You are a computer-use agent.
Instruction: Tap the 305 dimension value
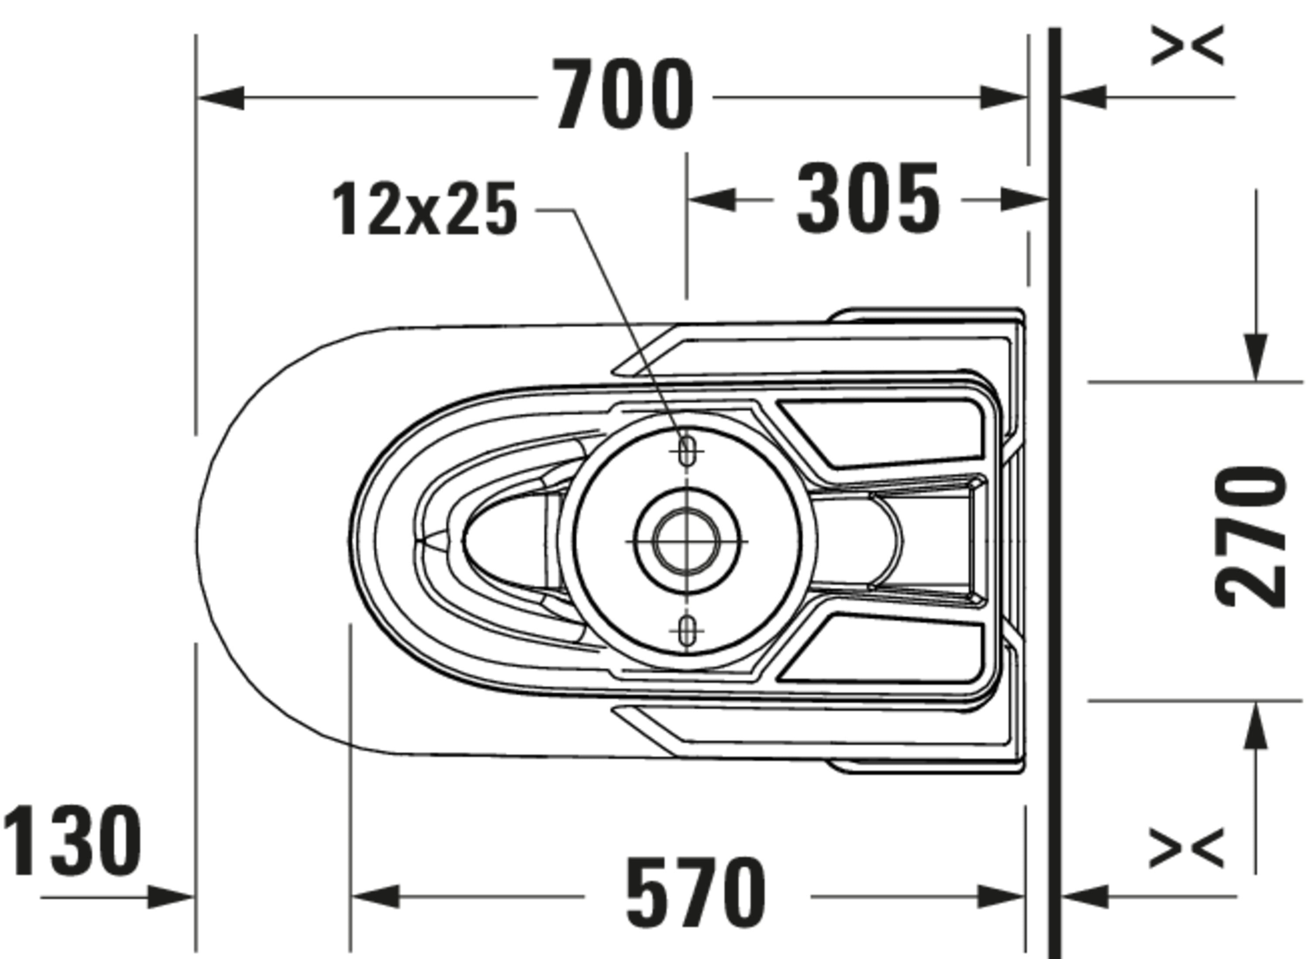868,199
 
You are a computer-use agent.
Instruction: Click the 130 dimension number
72,840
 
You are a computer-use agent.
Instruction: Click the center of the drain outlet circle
687,541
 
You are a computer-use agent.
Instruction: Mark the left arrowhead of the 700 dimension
220,97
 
